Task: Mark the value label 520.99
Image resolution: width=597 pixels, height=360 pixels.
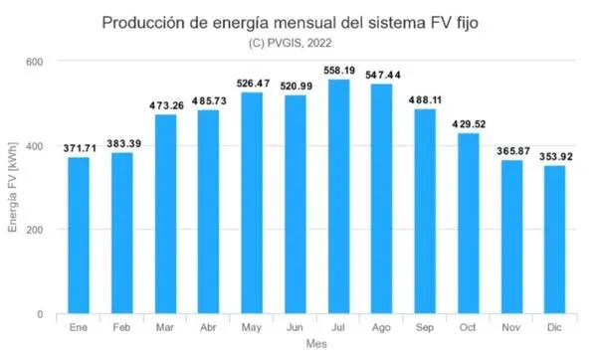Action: coord(296,87)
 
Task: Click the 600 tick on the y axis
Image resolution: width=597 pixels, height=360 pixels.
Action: coord(35,62)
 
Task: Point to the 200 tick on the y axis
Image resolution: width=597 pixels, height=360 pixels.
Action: coord(35,230)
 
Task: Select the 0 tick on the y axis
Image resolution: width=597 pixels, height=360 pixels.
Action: coord(40,314)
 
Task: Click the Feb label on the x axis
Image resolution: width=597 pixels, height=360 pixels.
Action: coord(122,327)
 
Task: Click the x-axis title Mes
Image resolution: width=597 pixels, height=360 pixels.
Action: coord(316,343)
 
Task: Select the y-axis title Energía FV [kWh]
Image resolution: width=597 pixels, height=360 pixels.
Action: coord(13,189)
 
